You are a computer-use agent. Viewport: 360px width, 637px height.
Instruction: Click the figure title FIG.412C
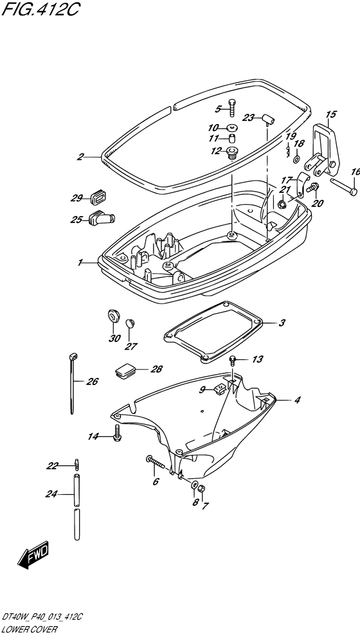40,10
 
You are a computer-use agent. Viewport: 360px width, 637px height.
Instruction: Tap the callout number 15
331,114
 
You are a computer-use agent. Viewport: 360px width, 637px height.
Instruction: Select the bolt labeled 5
232,107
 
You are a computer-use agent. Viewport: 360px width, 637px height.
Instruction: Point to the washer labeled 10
233,127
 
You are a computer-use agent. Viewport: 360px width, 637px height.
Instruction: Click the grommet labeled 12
233,153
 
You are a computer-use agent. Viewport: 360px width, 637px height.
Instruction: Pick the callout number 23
249,118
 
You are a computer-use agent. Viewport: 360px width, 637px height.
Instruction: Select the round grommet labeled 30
113,316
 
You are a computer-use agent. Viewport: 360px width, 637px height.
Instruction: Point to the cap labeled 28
125,370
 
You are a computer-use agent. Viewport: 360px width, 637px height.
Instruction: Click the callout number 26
92,382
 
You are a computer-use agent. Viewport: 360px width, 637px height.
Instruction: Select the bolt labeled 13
233,360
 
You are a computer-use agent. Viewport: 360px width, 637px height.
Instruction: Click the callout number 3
282,323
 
